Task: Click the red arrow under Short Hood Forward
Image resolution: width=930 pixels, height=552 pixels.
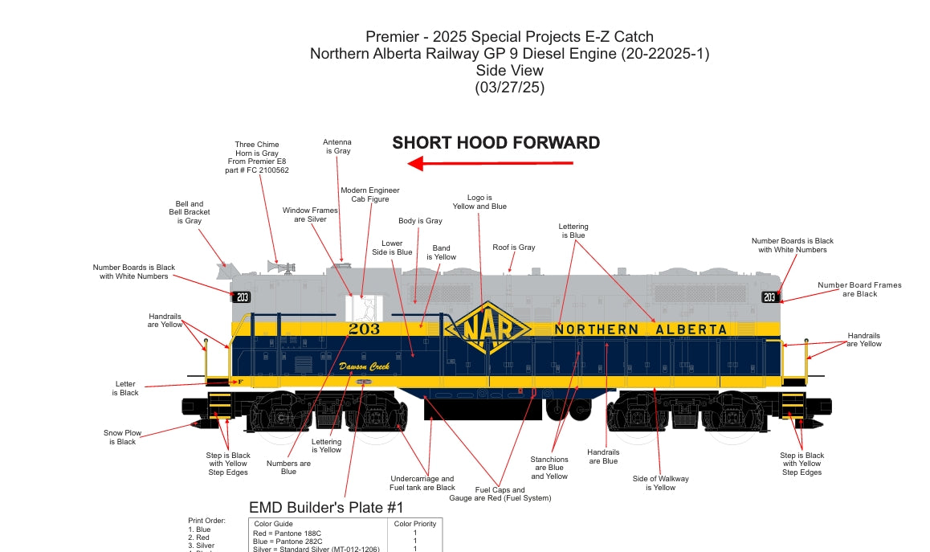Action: [x=491, y=163]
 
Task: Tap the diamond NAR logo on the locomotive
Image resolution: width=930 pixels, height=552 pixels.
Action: [x=488, y=329]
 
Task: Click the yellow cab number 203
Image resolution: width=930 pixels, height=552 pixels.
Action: [x=364, y=329]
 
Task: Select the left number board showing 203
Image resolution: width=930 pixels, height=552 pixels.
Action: [x=241, y=296]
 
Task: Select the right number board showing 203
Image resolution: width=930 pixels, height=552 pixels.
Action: [x=769, y=296]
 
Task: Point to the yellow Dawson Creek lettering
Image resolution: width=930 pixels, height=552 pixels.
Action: [x=364, y=366]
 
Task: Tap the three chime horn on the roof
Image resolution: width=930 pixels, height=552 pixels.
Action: [x=280, y=267]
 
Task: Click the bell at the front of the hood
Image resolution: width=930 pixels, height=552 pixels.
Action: [x=228, y=271]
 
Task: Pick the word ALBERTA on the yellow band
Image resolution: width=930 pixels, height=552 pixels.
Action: [x=691, y=329]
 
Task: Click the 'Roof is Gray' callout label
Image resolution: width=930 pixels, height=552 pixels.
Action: [x=514, y=247]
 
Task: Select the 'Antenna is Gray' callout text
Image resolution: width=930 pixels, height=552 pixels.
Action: [x=337, y=146]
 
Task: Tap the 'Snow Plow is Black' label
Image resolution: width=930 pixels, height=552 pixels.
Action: [x=122, y=437]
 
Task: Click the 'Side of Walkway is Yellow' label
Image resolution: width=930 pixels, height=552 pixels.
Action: [x=661, y=483]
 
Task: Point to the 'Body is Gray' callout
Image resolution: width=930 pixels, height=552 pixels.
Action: [x=421, y=221]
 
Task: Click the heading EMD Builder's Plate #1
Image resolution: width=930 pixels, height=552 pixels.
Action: [x=326, y=508]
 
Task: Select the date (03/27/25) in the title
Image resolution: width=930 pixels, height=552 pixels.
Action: [x=509, y=88]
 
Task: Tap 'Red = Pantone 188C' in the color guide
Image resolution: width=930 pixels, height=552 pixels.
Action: [x=287, y=533]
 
